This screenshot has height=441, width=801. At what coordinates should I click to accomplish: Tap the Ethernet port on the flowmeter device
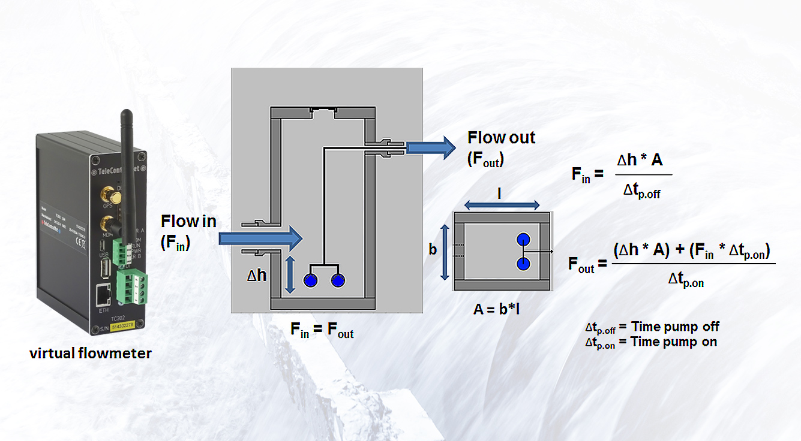pos(103,297)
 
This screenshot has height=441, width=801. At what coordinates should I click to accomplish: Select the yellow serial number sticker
pos(125,327)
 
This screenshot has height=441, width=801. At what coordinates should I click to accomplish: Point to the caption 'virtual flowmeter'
pos(91,354)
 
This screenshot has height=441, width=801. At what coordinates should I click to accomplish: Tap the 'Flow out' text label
pos(501,138)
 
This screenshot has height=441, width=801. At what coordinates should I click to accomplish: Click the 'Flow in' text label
pos(188,222)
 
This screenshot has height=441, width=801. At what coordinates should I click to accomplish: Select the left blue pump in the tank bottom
pos(310,280)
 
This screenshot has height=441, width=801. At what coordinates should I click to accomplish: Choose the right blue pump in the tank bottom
pos(338,280)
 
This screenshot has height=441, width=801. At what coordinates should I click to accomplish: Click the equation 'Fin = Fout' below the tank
pos(322,329)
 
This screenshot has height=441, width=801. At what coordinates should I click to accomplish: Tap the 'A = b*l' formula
pos(501,309)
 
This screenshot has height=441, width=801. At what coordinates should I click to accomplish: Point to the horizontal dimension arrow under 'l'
pos(502,206)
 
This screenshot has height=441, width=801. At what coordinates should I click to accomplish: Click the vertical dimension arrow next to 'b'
pos(445,252)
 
